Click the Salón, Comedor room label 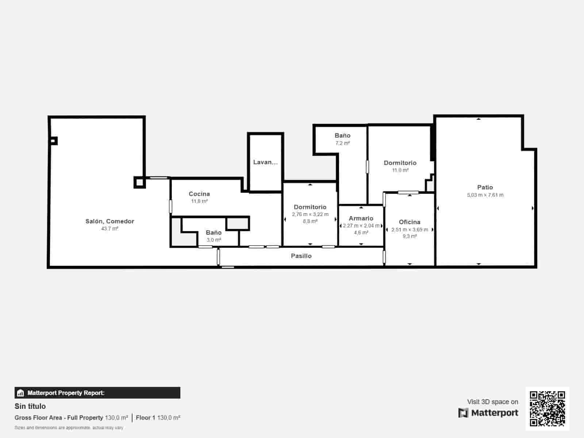click(x=109, y=221)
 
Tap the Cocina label click(x=199, y=194)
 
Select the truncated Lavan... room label click(x=265, y=162)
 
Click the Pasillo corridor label click(x=301, y=256)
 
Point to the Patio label click(x=485, y=187)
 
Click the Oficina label click(x=410, y=222)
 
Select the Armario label click(x=361, y=218)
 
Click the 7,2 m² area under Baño click(x=342, y=143)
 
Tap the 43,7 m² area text click(x=109, y=229)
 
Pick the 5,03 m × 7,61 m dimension click(x=485, y=195)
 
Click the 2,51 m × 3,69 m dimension click(x=410, y=230)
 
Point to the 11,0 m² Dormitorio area click(x=400, y=170)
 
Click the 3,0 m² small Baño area click(x=214, y=240)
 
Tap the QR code click(x=547, y=408)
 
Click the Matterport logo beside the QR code click(x=488, y=413)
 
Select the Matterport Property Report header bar click(x=97, y=393)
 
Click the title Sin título click(x=30, y=406)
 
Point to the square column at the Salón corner click(x=139, y=182)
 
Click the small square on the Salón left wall click(x=54, y=141)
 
